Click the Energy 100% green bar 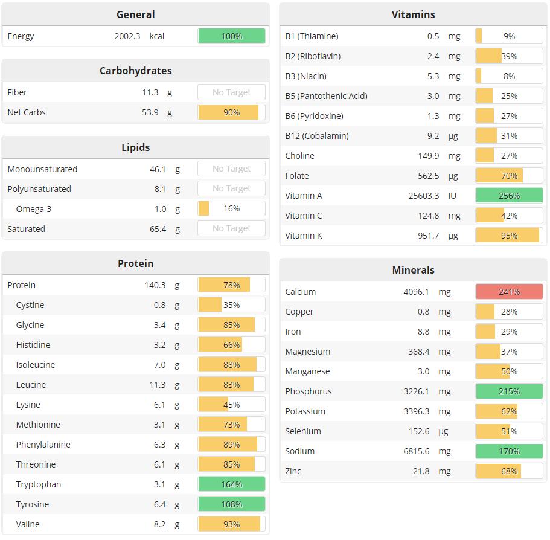coord(231,36)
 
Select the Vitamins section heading coord(413,14)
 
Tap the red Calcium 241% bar coord(509,292)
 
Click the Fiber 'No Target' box coord(231,92)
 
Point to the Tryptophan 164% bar coord(231,484)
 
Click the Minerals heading coord(413,270)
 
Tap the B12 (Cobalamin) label coord(317,136)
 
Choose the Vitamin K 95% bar coord(509,236)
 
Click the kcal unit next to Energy coord(157,36)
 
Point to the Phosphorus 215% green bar coord(509,391)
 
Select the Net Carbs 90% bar coord(231,112)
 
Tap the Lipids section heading coord(135,147)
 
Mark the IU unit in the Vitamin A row coord(452,196)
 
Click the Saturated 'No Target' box coord(231,229)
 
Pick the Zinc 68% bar coord(509,471)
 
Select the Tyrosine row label coord(33,504)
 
